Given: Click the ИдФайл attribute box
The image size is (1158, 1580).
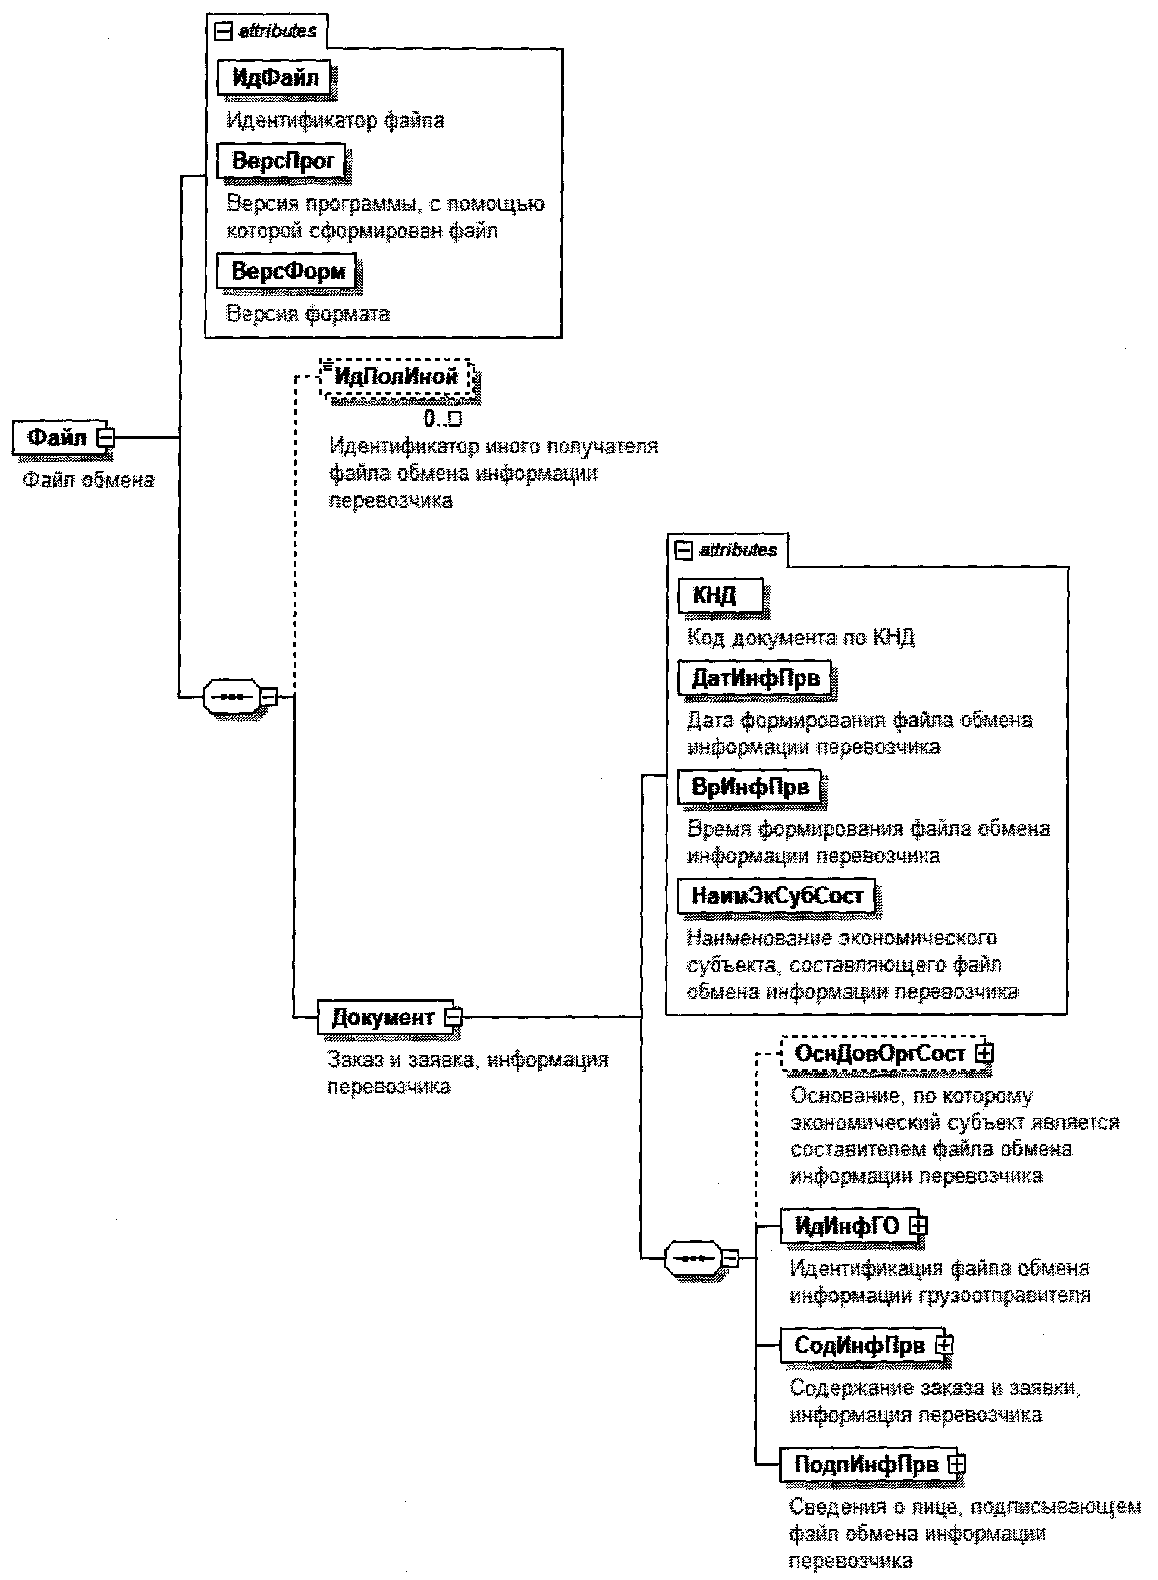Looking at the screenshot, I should (275, 78).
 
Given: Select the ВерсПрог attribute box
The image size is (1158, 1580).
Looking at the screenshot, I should (282, 161).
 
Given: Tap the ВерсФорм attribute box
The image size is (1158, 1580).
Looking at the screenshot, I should (287, 271).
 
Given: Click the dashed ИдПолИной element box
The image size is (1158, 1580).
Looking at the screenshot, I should (396, 377).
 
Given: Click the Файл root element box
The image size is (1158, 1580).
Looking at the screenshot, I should (56, 437).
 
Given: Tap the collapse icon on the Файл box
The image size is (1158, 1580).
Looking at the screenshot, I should (106, 437).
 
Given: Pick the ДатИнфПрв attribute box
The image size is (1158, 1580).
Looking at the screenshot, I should (755, 678).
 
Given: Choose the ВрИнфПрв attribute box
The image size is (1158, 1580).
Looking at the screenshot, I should (750, 787).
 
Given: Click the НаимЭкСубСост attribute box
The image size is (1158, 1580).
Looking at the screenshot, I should (777, 896).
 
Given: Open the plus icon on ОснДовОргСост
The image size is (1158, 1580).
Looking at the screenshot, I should (985, 1053).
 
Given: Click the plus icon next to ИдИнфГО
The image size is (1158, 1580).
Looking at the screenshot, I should (918, 1225).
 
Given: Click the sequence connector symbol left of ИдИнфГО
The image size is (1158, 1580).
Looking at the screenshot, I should (692, 1258).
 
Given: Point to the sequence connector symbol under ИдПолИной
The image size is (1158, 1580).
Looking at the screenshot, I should (231, 697).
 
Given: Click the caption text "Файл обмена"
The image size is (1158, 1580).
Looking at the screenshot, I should (88, 480).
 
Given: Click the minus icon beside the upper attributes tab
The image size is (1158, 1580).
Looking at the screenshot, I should (223, 32).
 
